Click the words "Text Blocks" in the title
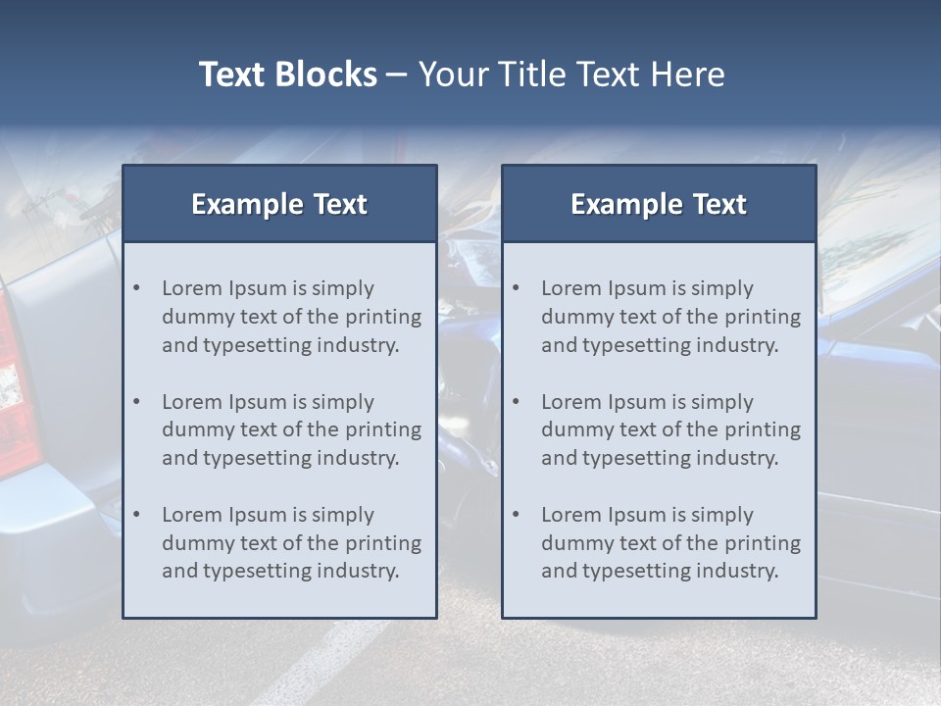[x=287, y=75]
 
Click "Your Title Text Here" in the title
[x=571, y=75]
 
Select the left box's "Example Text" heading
[x=279, y=204]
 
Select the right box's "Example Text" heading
[x=659, y=204]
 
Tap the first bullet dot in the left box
[x=136, y=288]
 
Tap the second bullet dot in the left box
[x=136, y=402]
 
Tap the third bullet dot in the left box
[x=136, y=515]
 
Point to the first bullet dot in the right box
[x=516, y=288]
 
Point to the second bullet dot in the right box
[x=516, y=402]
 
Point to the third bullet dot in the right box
[x=516, y=515]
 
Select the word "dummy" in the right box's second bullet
[x=574, y=429]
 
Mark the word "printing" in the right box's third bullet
[x=762, y=543]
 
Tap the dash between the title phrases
[x=397, y=75]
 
